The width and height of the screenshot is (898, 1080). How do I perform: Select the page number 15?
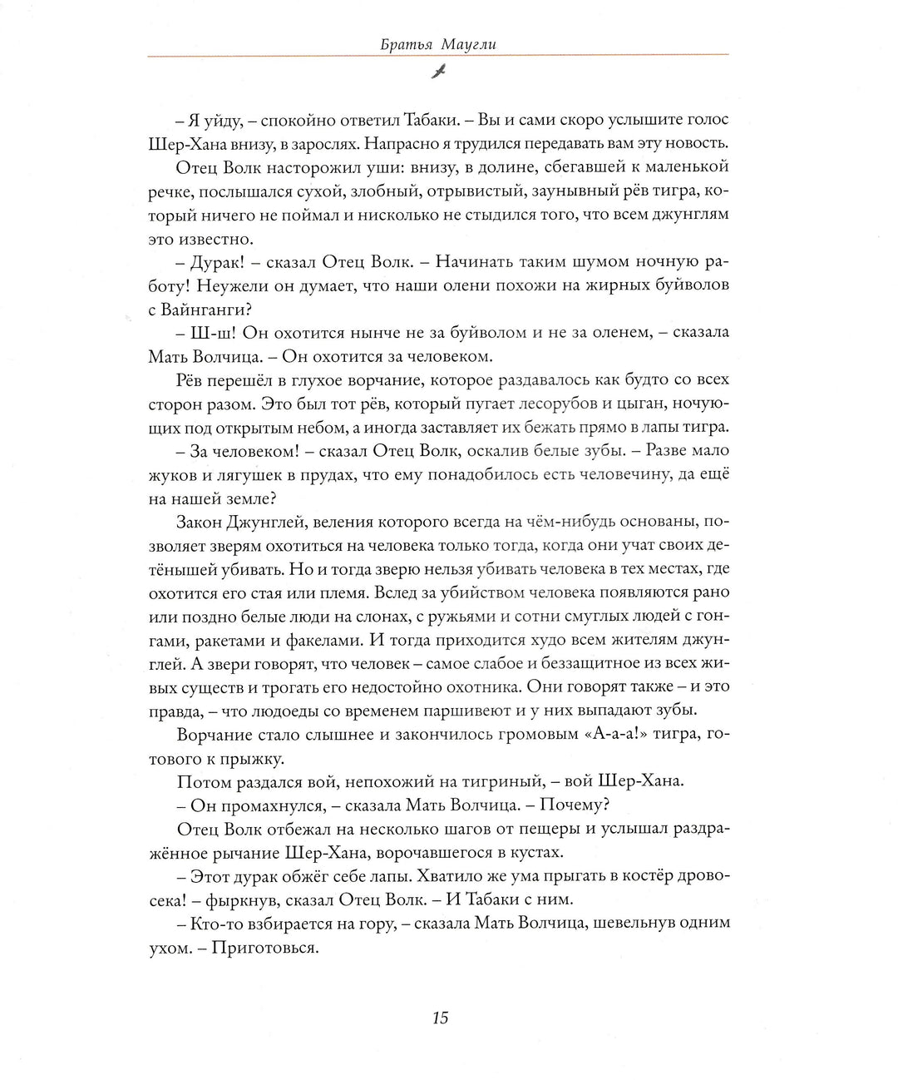tap(440, 1018)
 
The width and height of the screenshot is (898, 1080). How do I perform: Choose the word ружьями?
tap(476, 617)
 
